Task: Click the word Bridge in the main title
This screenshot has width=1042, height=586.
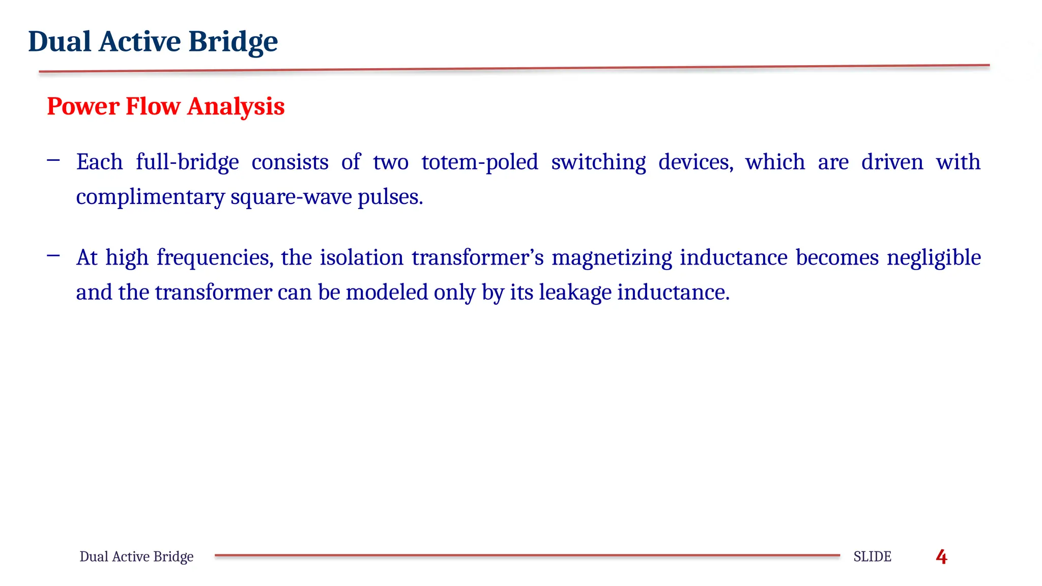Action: tap(233, 42)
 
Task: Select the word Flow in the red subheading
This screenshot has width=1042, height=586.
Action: tap(153, 106)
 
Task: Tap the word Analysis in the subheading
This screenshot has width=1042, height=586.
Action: tap(236, 106)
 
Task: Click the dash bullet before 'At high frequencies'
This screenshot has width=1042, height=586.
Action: tap(53, 255)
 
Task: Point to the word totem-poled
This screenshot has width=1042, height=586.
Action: tap(479, 162)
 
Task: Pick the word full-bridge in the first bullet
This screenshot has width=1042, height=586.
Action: tap(187, 162)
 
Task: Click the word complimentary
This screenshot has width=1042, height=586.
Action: tap(150, 197)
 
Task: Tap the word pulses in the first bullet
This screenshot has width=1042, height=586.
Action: tap(390, 197)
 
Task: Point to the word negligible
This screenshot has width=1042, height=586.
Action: tap(934, 258)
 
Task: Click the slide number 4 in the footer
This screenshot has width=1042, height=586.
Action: tap(941, 557)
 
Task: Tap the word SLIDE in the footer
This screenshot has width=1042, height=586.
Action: tap(872, 557)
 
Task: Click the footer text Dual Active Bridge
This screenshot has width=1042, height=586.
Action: tap(136, 557)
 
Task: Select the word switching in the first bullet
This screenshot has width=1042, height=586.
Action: tap(598, 162)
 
